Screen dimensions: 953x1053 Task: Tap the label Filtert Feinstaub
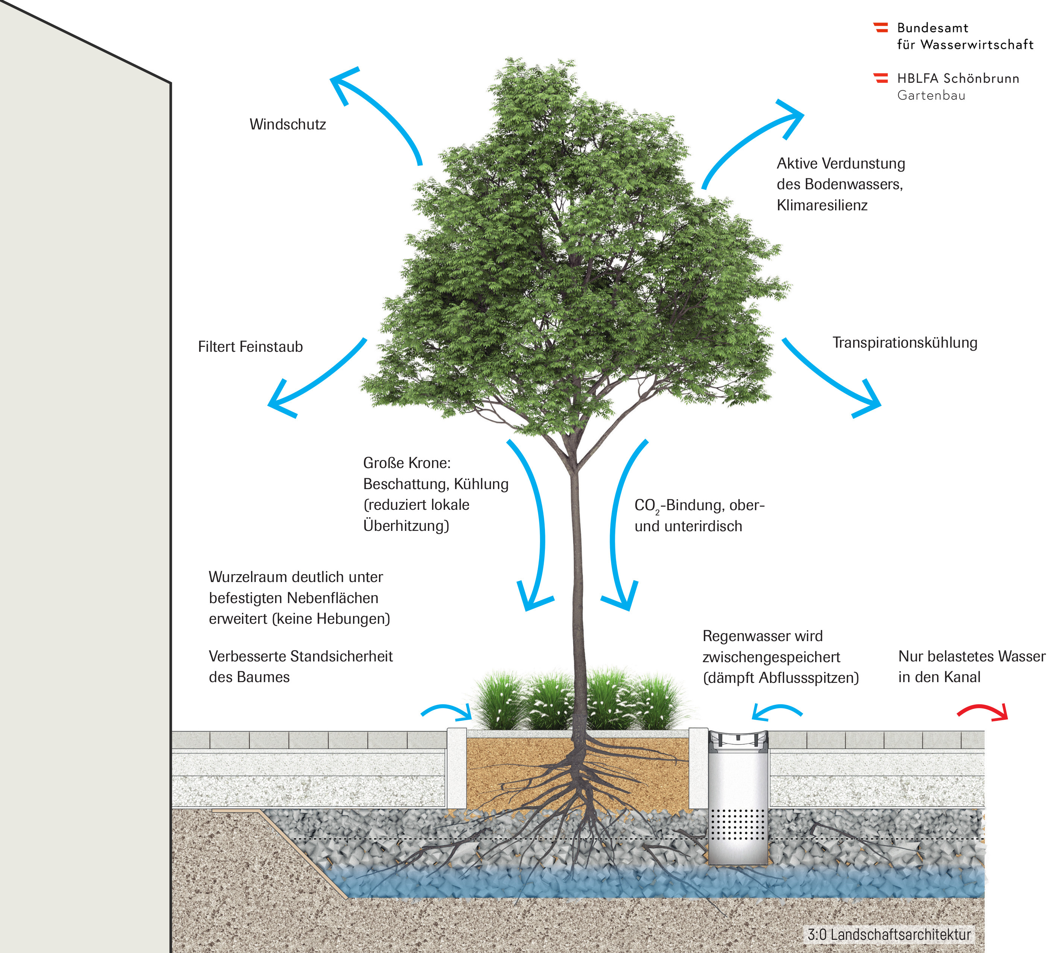click(250, 347)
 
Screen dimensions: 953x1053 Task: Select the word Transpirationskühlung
click(905, 342)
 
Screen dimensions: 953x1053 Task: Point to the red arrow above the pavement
click(981, 711)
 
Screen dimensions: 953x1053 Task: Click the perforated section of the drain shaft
click(738, 825)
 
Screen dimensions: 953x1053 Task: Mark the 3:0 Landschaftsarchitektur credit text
click(889, 934)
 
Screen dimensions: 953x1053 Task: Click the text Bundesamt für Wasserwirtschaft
click(965, 36)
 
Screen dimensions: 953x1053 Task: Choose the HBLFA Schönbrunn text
click(958, 78)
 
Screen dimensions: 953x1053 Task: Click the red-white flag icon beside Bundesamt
click(881, 27)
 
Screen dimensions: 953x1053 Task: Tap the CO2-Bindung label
click(699, 506)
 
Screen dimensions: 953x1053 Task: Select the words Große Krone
click(406, 463)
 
